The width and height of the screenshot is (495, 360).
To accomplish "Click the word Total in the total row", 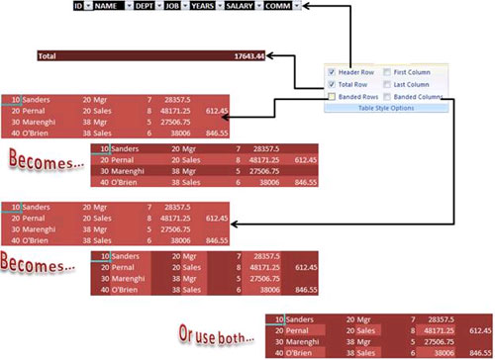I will click(47, 56).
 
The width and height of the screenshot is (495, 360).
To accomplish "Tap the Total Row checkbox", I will click(332, 85).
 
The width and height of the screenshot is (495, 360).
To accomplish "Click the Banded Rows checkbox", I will click(332, 97).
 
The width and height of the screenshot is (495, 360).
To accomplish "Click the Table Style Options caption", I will click(387, 108).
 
